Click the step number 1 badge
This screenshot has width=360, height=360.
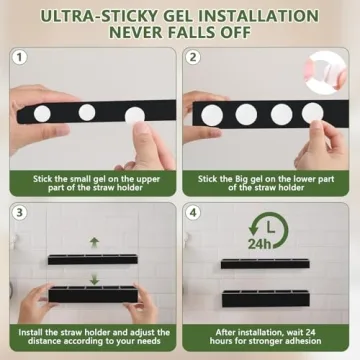pyautogui.click(x=20, y=57)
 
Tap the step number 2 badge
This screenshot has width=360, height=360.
pyautogui.click(x=193, y=57)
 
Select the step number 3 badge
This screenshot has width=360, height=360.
pyautogui.click(x=20, y=213)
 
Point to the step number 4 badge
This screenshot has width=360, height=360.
pyautogui.click(x=193, y=213)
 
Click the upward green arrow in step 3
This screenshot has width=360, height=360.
pyautogui.click(x=95, y=242)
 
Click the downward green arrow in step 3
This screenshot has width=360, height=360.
pyautogui.click(x=95, y=279)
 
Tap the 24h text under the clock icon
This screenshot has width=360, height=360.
pyautogui.click(x=259, y=244)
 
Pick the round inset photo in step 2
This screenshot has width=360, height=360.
pyautogui.click(x=325, y=73)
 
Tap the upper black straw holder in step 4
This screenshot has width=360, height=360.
pyautogui.click(x=265, y=264)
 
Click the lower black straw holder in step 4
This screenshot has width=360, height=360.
pyautogui.click(x=266, y=298)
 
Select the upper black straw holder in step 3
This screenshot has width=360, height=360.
pyautogui.click(x=93, y=259)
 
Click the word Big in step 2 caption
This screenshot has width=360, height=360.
pyautogui.click(x=241, y=179)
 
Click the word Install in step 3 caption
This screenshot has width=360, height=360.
pyautogui.click(x=30, y=332)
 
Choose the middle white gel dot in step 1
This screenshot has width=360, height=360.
pyautogui.click(x=87, y=112)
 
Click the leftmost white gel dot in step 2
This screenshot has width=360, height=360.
pyautogui.click(x=212, y=115)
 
